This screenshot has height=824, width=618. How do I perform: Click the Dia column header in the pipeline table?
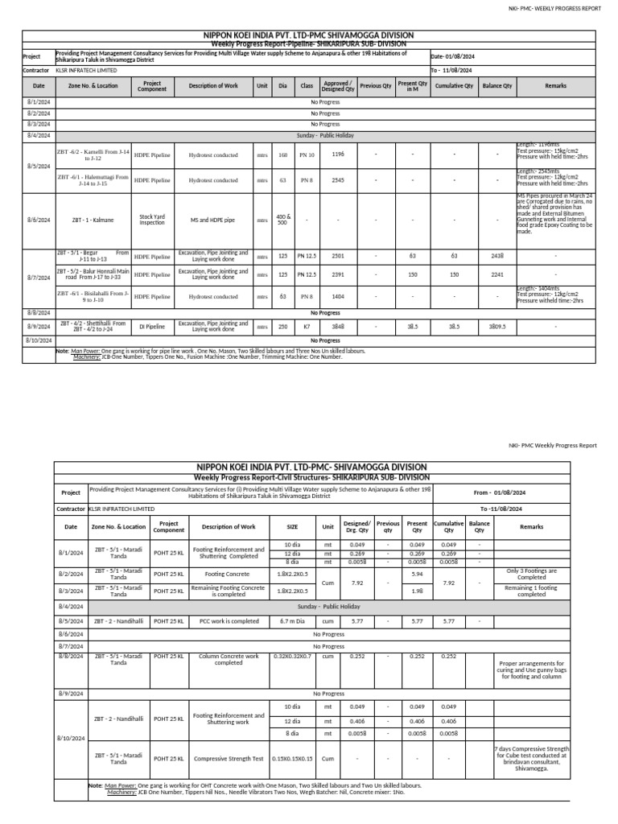[x=282, y=85]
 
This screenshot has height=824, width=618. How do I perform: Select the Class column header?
[x=307, y=85]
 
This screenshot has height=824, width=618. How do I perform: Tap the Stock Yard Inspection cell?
[x=152, y=219]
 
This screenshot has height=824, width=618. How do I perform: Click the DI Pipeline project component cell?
[x=152, y=327]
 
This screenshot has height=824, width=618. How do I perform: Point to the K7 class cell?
[x=307, y=328]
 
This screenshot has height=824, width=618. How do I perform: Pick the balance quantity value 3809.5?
[x=497, y=328]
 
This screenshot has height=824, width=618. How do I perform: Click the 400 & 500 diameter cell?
[x=282, y=219]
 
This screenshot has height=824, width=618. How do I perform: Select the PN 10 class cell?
[x=307, y=154]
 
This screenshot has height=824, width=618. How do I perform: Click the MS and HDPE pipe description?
[x=213, y=219]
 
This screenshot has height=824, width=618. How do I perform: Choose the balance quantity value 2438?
[x=497, y=257]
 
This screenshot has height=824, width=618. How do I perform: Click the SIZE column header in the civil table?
[x=292, y=527]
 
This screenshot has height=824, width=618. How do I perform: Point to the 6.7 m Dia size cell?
[x=292, y=621]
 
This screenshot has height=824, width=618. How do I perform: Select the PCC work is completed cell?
[x=229, y=621]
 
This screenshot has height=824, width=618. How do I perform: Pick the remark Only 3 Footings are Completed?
[x=532, y=574]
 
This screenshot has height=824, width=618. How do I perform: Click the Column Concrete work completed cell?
[x=229, y=660]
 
